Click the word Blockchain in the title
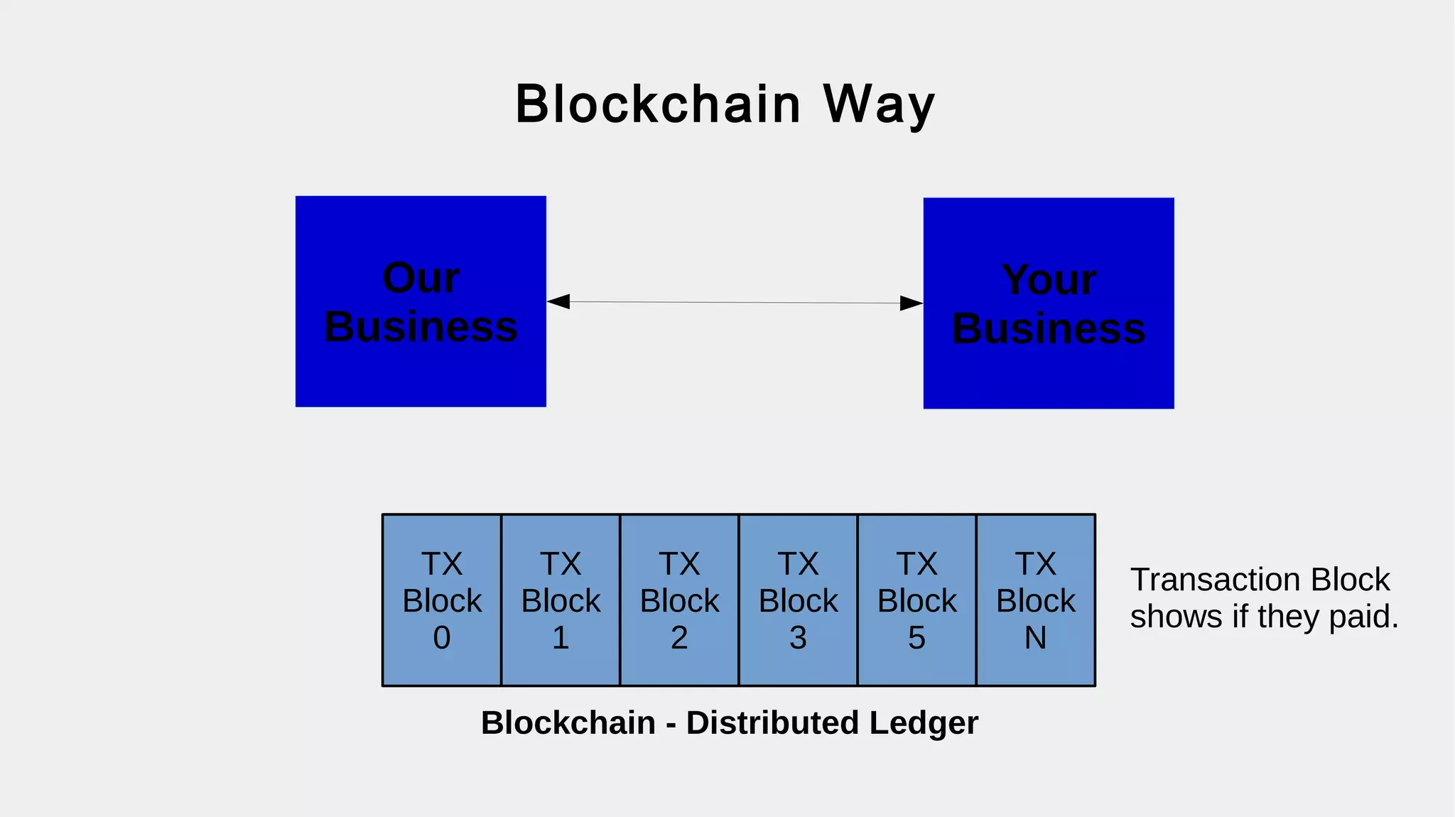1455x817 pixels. [x=658, y=104]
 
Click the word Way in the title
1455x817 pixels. [x=879, y=104]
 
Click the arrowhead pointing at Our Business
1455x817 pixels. [x=558, y=301]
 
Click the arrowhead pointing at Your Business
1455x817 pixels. [x=911, y=303]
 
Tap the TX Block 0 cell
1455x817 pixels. [x=442, y=600]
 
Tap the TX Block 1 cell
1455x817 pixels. [x=561, y=600]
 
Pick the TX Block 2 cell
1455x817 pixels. [x=679, y=600]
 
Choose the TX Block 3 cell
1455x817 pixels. [x=798, y=600]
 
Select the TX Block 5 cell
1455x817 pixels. [x=916, y=600]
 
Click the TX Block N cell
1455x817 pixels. [x=1035, y=600]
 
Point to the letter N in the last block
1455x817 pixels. [x=1035, y=638]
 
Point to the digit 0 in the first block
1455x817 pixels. [x=442, y=638]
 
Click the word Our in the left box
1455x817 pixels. [x=421, y=277]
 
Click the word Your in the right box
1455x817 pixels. [x=1049, y=280]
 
